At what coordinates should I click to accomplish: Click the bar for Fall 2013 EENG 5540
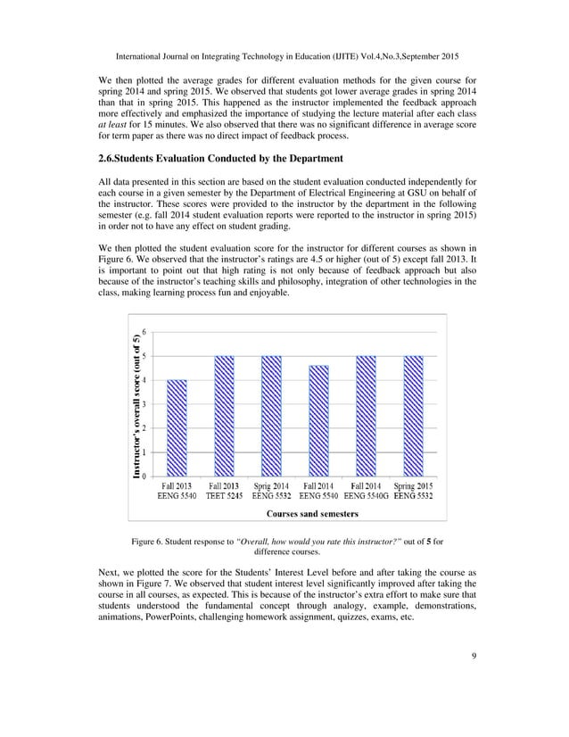(177, 427)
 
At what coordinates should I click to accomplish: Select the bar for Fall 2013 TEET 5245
(225, 415)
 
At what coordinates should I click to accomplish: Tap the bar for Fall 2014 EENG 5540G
(365, 415)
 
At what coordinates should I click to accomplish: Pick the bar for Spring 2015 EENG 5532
(411, 415)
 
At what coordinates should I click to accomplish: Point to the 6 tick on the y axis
(145, 333)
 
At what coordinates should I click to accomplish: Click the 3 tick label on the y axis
(145, 404)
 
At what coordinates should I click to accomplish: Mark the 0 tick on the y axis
(145, 476)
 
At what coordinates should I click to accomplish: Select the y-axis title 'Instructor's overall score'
(136, 407)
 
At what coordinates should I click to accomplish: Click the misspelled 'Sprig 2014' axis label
(271, 484)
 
